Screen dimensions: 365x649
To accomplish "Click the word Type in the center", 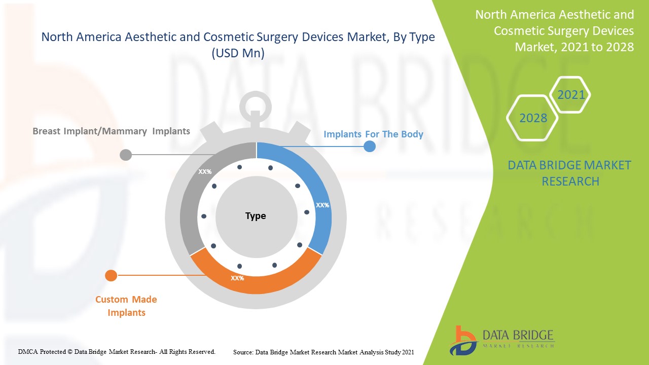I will pyautogui.click(x=256, y=216).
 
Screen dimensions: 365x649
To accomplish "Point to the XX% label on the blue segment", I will pyautogui.click(x=322, y=205).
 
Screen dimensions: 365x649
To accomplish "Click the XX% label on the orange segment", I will pyautogui.click(x=237, y=278).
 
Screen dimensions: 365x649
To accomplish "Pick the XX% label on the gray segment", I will pyautogui.click(x=205, y=172).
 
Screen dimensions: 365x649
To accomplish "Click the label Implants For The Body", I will pyautogui.click(x=373, y=134).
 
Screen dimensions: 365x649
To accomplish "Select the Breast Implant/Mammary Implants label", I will pyautogui.click(x=111, y=131).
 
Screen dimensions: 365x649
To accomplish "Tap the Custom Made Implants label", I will pyautogui.click(x=126, y=306).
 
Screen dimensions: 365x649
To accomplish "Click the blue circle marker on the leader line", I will pyautogui.click(x=370, y=147).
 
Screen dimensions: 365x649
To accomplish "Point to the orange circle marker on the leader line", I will pyautogui.click(x=111, y=276).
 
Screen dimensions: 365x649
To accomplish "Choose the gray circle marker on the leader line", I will pyautogui.click(x=126, y=155).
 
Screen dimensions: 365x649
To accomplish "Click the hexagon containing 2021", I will pyautogui.click(x=571, y=95).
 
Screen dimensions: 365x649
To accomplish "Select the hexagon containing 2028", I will pyautogui.click(x=533, y=118).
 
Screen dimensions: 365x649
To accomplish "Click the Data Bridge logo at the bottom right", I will pyautogui.click(x=502, y=340).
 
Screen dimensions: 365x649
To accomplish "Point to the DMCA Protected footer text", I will pyautogui.click(x=117, y=351).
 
